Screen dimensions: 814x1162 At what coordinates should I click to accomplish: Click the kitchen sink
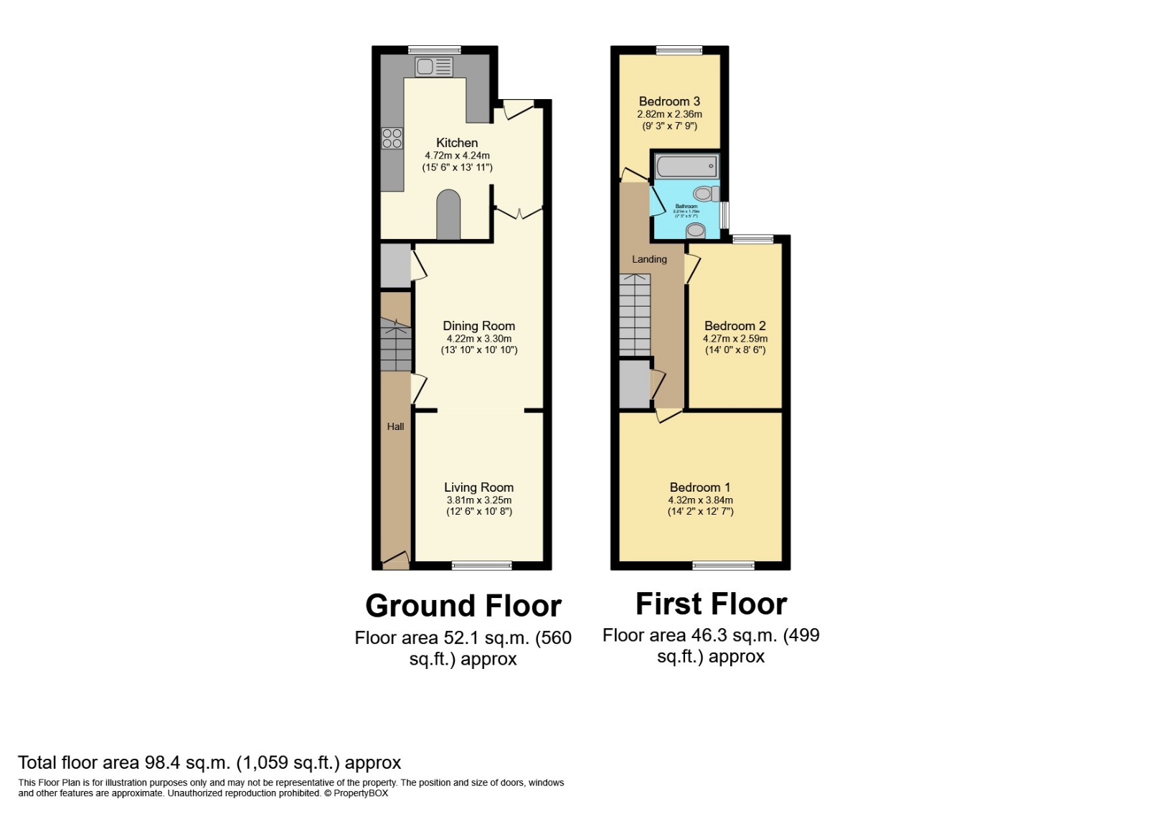pyautogui.click(x=433, y=67)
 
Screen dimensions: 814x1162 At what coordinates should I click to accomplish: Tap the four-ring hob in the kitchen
pyautogui.click(x=392, y=139)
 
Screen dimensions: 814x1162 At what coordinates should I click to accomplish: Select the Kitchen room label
pyautogui.click(x=457, y=143)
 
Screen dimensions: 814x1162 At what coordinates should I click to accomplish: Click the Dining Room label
pyautogui.click(x=478, y=326)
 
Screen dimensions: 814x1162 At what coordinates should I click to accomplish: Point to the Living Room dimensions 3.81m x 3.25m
pyautogui.click(x=478, y=500)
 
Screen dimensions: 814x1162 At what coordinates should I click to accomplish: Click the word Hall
pyautogui.click(x=395, y=426)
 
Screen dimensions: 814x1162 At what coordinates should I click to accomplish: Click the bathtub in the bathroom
pyautogui.click(x=686, y=167)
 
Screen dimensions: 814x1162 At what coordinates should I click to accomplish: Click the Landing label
pyautogui.click(x=649, y=259)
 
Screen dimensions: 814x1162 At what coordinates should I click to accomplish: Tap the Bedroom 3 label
pyautogui.click(x=669, y=102)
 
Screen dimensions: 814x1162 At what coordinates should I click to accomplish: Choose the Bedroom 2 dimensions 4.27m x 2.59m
pyautogui.click(x=735, y=339)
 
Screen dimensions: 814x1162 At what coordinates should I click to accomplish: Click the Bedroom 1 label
pyautogui.click(x=700, y=487)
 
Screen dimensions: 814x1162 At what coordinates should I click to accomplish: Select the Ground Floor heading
pyautogui.click(x=463, y=606)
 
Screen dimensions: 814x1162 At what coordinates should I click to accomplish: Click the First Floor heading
pyautogui.click(x=711, y=604)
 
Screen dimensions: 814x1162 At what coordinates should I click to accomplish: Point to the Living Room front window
pyautogui.click(x=482, y=566)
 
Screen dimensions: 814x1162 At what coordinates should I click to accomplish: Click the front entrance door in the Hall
pyautogui.click(x=395, y=561)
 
